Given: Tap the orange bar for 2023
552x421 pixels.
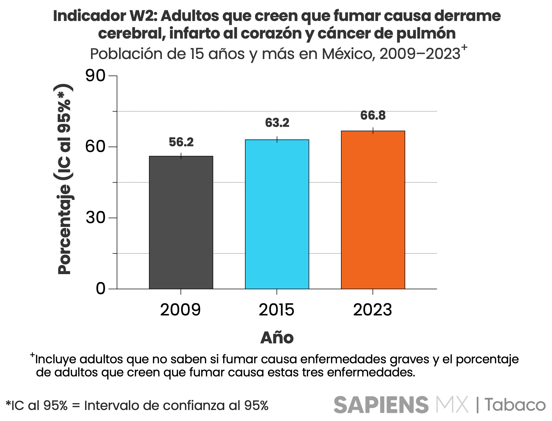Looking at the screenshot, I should pos(373,210).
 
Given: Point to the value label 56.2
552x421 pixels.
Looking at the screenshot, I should pos(181,142).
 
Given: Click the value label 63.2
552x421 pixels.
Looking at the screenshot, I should pos(277,123).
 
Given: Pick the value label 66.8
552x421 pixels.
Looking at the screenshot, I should pos(373,115).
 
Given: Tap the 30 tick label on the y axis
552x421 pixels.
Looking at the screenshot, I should pos(95,217).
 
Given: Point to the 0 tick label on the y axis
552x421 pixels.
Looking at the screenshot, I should pos(100,289).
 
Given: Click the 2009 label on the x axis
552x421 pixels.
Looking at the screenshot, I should pos(180,310).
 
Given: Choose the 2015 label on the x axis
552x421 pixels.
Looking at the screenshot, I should pos(276,310).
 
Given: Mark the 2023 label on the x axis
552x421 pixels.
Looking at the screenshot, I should pos(372,310).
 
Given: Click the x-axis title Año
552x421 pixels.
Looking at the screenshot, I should pos(277,338).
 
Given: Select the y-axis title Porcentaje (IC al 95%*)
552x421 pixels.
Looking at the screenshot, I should pos(65,179).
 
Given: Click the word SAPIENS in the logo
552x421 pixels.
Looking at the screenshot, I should pos(381,405).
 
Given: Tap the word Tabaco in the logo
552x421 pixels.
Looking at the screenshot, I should pos(515,405).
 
